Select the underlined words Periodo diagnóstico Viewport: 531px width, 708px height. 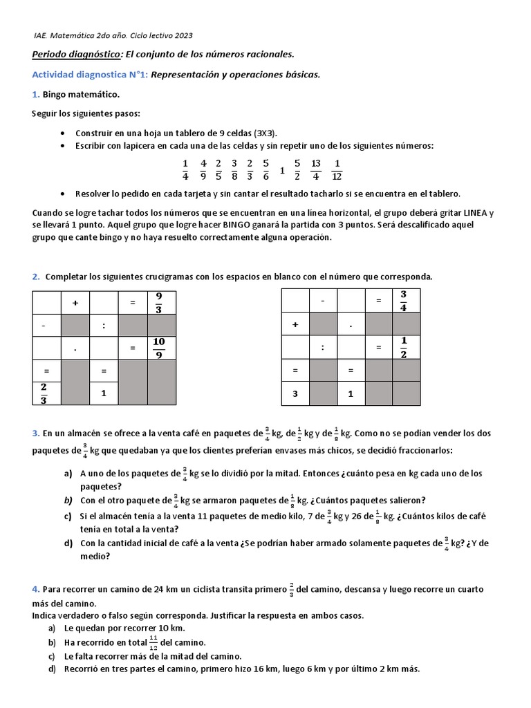click(77, 54)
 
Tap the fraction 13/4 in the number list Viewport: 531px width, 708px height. click(316, 169)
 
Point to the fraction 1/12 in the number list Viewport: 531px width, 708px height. click(337, 169)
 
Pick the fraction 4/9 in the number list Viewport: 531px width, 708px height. click(203, 169)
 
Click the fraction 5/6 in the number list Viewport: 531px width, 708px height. click(265, 169)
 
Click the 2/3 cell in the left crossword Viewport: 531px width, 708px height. click(46, 394)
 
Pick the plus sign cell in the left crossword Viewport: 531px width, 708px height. click(75, 303)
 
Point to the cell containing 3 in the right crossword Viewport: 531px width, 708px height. click(295, 394)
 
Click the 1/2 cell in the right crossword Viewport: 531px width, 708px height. click(404, 348)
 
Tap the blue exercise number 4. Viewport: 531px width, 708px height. click(35, 589)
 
